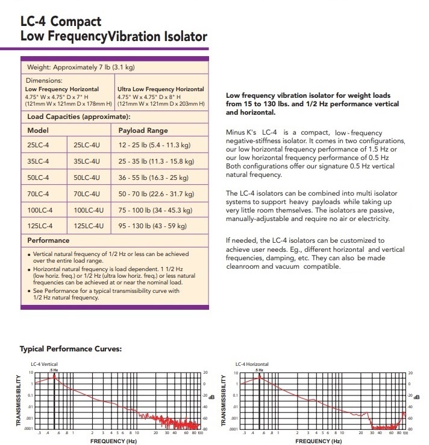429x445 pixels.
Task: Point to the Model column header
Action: click(37, 130)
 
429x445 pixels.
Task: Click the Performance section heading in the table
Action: click(49, 240)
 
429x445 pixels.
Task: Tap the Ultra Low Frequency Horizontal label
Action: click(161, 89)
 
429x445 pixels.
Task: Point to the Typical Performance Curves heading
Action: click(71, 349)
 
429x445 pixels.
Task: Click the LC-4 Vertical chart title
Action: click(44, 365)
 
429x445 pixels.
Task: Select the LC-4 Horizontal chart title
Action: click(252, 365)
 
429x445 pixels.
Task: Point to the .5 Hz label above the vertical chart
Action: click(54, 370)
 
